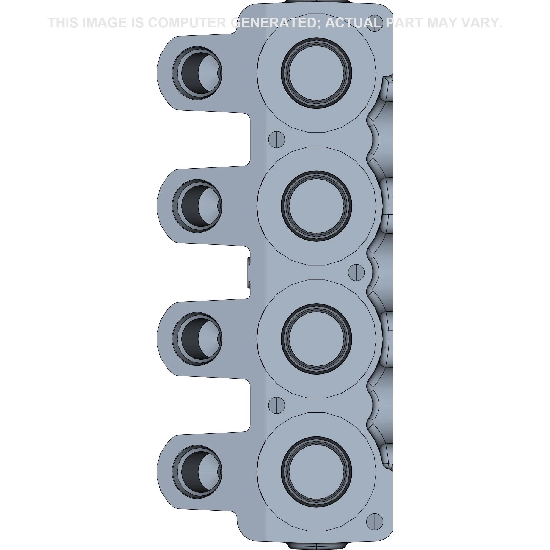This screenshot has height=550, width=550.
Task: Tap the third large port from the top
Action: (x=316, y=339)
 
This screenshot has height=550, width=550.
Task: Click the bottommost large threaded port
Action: (x=316, y=472)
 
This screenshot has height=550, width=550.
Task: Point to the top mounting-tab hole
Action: (x=197, y=73)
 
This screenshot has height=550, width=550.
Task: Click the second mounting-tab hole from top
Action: (x=197, y=206)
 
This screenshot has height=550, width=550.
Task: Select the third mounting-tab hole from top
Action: (x=197, y=339)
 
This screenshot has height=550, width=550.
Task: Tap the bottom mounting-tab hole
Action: (x=197, y=472)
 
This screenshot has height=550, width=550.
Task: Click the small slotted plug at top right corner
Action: (x=375, y=23)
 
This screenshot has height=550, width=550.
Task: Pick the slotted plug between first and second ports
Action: (x=277, y=139)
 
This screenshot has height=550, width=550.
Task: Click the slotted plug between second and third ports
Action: (x=356, y=272)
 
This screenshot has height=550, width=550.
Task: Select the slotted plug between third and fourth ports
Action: (x=277, y=405)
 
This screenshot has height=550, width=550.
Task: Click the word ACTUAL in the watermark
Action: (x=353, y=23)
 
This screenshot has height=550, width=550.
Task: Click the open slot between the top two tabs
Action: (x=213, y=139)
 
